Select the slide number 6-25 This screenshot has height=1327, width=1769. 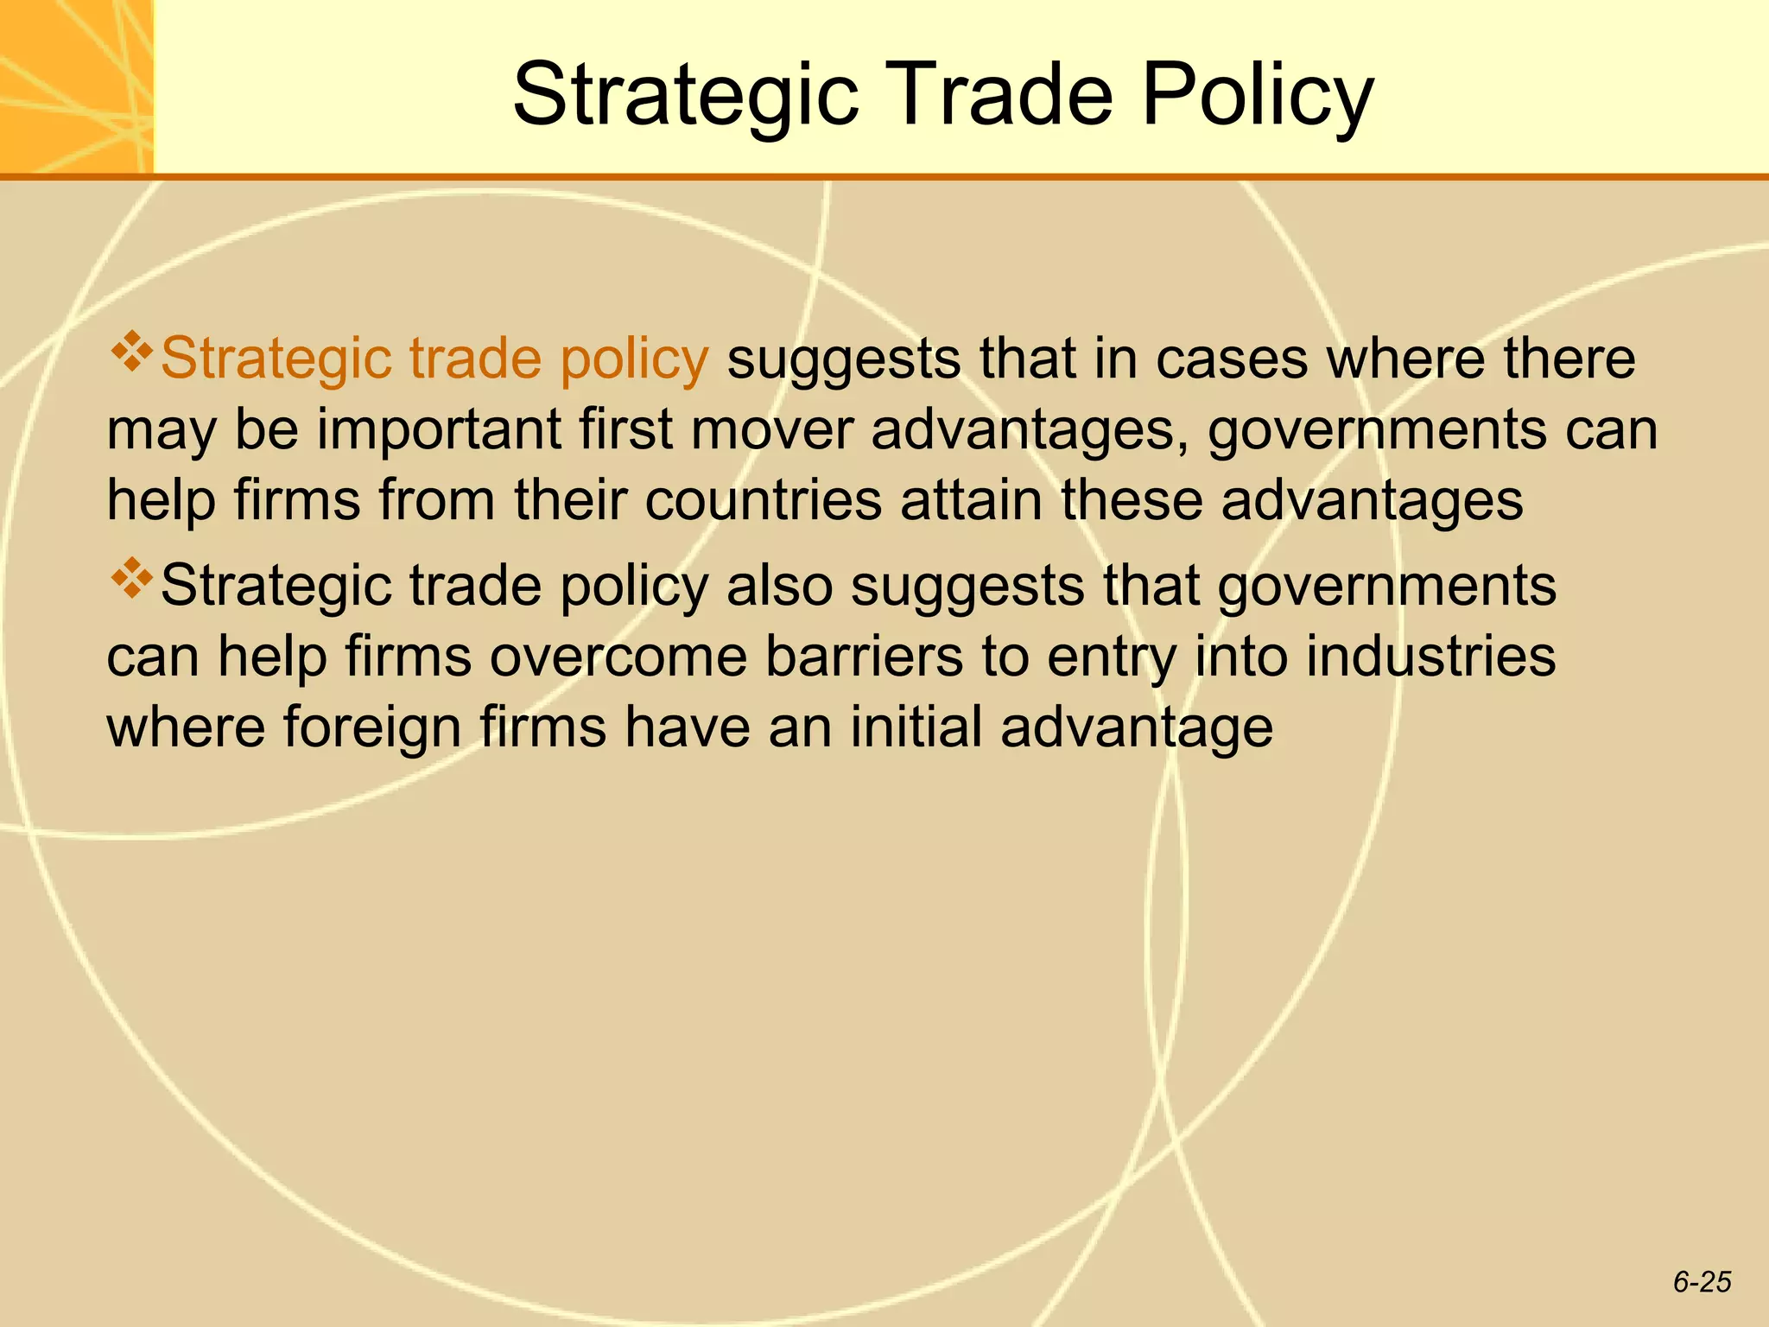coord(1702,1282)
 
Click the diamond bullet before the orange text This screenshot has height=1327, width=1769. coord(131,352)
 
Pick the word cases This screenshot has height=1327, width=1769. coord(1232,359)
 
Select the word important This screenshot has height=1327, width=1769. coord(440,429)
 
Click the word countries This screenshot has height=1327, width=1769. coord(764,501)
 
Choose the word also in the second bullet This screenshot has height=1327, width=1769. coord(780,586)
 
